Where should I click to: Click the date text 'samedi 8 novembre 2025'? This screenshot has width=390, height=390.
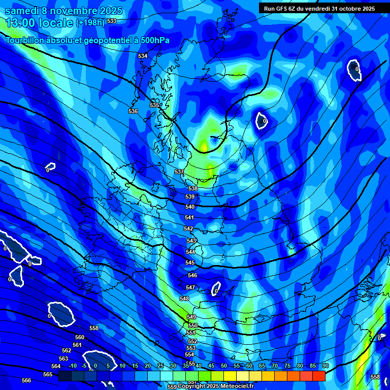click(x=63, y=11)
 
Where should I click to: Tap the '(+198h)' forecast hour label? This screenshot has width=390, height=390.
click(x=91, y=22)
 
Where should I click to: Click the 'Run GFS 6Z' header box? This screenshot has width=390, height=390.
click(x=319, y=8)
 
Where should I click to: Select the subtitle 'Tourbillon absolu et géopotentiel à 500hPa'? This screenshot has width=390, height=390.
click(x=87, y=41)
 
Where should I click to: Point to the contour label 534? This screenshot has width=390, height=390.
click(x=143, y=56)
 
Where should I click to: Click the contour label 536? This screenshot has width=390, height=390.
click(x=133, y=111)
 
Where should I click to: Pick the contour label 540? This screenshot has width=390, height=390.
click(x=190, y=207)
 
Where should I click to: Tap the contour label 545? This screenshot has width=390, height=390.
click(x=190, y=263)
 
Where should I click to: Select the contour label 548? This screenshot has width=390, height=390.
click(x=184, y=299)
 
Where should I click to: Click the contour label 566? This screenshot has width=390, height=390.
click(x=26, y=380)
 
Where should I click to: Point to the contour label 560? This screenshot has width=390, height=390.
click(x=80, y=337)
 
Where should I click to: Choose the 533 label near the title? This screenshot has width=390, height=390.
click(x=112, y=21)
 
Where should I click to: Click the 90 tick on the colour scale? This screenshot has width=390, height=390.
click(x=325, y=366)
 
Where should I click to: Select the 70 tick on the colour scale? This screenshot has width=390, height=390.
click(x=275, y=366)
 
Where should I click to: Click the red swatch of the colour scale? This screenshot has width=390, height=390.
click(x=318, y=376)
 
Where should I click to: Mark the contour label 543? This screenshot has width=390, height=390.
click(x=191, y=241)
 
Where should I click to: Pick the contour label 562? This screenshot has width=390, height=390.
click(x=67, y=350)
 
